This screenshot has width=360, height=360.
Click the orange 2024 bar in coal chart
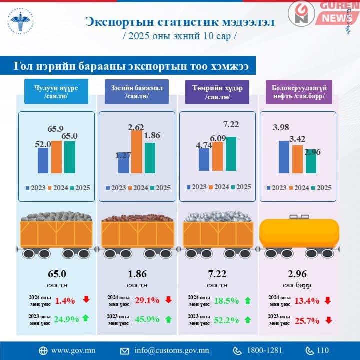[56, 157]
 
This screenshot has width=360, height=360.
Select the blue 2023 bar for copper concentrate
[123, 165]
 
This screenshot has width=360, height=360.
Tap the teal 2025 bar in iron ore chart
[231, 153]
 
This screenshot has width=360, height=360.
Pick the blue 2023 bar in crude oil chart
[284, 157]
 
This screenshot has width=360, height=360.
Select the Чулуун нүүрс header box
[56, 92]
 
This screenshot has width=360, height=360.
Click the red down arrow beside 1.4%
[86, 300]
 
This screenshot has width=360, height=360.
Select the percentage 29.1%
[145, 300]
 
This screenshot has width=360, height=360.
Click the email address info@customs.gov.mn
[172, 350]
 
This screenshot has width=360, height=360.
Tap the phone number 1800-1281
[264, 350]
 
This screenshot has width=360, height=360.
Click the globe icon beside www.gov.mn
[43, 350]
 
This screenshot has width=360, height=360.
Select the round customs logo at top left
[19, 21]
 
